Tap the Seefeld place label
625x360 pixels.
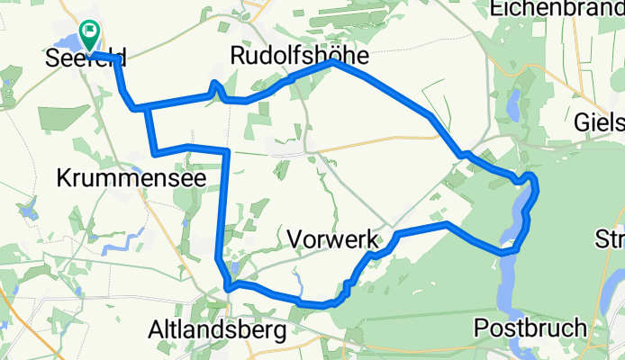coord(85,59)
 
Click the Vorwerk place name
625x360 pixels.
coord(332,238)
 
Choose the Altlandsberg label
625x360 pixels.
coord(219,330)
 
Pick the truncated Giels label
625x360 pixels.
coord(599,121)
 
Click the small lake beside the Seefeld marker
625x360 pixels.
coord(65,41)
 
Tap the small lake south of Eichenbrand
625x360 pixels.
coord(511,111)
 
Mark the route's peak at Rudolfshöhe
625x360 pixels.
coord(334,63)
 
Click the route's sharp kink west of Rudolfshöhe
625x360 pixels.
coord(214,85)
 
